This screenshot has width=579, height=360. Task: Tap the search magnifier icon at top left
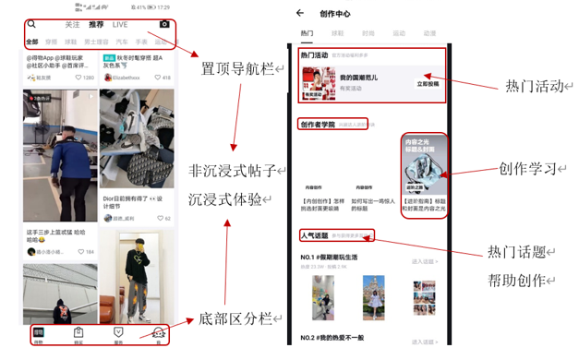pos(32,25)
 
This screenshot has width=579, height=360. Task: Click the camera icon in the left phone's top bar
pos(164,25)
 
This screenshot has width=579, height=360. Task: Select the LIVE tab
pos(120,25)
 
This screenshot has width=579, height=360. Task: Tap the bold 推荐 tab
pos(96,25)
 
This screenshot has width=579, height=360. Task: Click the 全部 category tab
pos(32,42)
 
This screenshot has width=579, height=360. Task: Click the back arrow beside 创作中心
pos(300,13)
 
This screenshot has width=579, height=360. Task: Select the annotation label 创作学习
pos(530,169)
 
